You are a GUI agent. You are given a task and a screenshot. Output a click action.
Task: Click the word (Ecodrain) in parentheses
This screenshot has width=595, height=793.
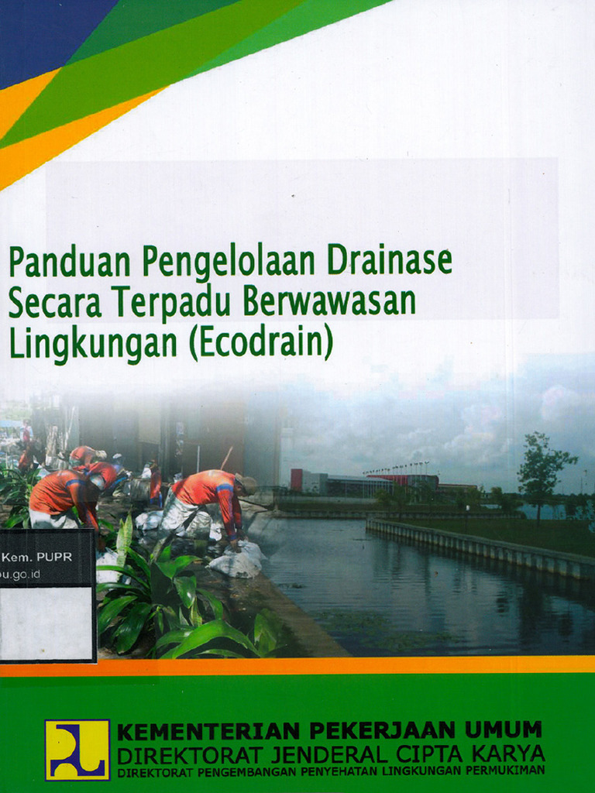click(x=260, y=343)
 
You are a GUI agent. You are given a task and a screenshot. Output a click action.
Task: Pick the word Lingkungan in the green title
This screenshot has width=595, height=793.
click(x=93, y=345)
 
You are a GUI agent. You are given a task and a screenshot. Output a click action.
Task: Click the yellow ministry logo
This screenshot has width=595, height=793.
click(x=77, y=750)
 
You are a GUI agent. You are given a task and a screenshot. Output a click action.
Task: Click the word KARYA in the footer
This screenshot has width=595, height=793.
click(x=504, y=754)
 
